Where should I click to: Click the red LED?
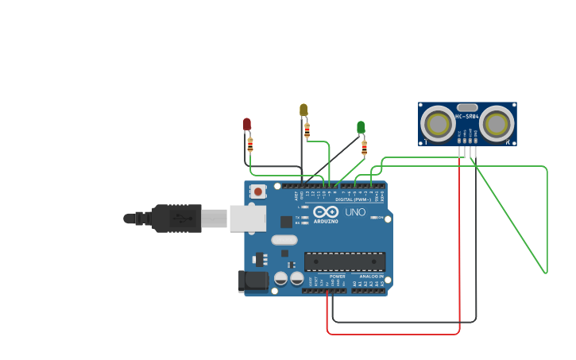pyautogui.click(x=246, y=124)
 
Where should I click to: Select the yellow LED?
pyautogui.click(x=303, y=110)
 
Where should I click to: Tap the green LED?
pyautogui.click(x=361, y=127)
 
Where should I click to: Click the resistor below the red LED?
pyautogui.click(x=250, y=145)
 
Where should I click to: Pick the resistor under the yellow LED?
pyautogui.click(x=307, y=130)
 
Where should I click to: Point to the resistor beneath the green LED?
pyautogui.click(x=364, y=148)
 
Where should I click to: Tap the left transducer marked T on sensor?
pyautogui.click(x=438, y=124)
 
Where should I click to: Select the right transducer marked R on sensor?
pyautogui.click(x=497, y=124)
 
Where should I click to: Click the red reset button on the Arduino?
pyautogui.click(x=258, y=191)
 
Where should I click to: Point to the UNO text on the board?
pyautogui.click(x=355, y=212)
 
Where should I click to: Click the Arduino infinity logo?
pyautogui.click(x=326, y=212)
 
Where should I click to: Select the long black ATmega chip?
pyautogui.click(x=345, y=261)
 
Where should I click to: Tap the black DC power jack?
pyautogui.click(x=253, y=281)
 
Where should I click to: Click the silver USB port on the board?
pyautogui.click(x=247, y=218)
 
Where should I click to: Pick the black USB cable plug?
pyautogui.click(x=177, y=218)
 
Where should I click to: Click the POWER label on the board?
pyautogui.click(x=338, y=276)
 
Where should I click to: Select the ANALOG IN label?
pyautogui.click(x=371, y=276)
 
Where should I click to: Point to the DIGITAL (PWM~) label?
pyautogui.click(x=354, y=199)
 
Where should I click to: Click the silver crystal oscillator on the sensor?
pyautogui.click(x=467, y=107)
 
